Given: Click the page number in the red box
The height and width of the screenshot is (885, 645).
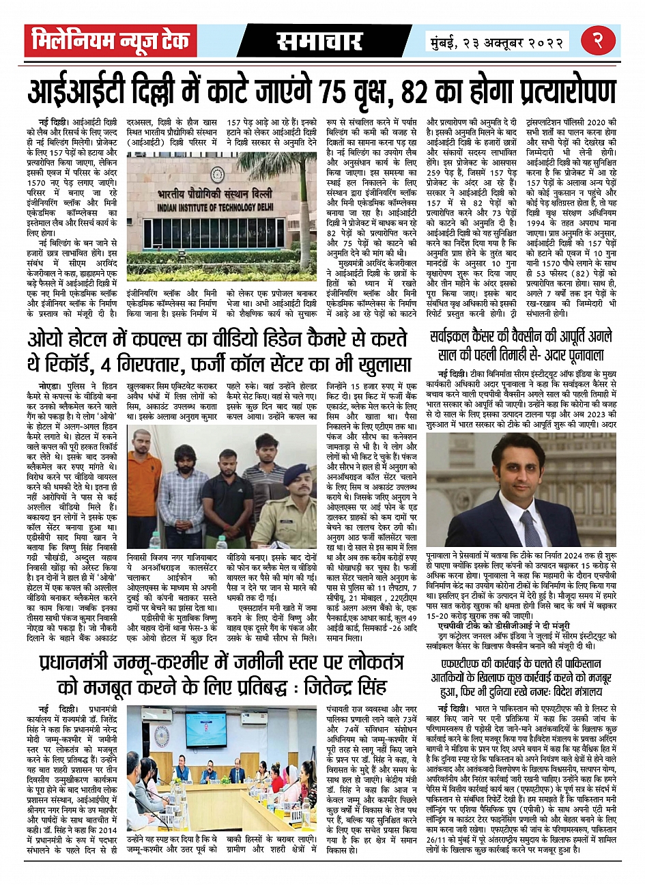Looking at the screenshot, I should point(603,41).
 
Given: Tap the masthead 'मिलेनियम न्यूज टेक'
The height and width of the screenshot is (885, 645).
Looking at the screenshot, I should point(111,41).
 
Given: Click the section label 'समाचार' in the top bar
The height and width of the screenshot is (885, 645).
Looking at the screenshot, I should point(319,41).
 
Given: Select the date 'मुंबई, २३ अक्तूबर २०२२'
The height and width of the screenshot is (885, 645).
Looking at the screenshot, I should point(496,42).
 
